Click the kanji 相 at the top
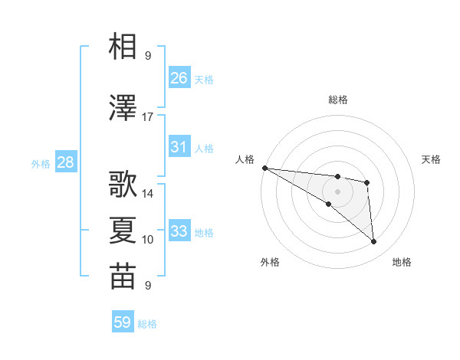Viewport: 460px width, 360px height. click(123, 46)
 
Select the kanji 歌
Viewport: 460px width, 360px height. click(123, 185)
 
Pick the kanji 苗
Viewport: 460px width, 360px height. click(123, 277)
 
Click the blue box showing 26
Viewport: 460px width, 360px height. click(179, 78)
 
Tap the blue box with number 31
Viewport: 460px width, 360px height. click(179, 147)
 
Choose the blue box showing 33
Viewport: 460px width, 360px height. click(179, 231)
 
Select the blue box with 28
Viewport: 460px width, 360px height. click(64, 162)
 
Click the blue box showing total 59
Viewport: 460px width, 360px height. click(123, 322)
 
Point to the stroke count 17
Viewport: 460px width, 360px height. click(148, 117)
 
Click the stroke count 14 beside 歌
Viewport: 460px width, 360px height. click(148, 195)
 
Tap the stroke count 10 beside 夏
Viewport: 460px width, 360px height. click(148, 240)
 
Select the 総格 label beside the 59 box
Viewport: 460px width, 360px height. click(147, 324)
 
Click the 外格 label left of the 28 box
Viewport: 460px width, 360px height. click(41, 163)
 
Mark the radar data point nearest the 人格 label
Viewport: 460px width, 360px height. click(264, 168)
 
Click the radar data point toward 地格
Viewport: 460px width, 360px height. click(374, 242)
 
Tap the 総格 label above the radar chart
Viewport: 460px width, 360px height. click(337, 100)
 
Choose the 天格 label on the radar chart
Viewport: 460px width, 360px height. click(432, 159)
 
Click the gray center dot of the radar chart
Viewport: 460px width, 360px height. click(337, 191)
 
